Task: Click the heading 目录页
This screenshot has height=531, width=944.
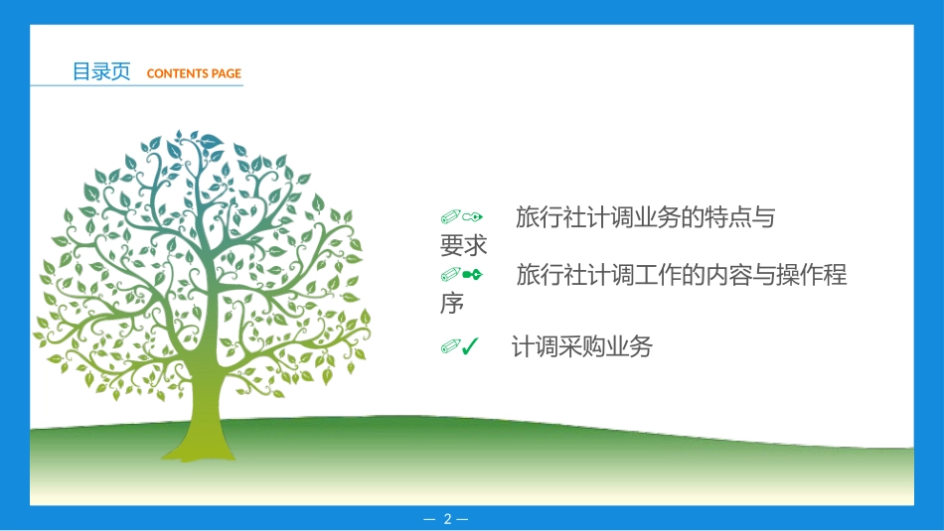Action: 101,71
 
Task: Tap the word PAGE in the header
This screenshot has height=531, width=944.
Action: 226,73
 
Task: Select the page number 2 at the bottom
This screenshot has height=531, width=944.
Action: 446,519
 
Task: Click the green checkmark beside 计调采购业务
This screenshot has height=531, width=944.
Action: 471,346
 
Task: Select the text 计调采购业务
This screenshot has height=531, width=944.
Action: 581,346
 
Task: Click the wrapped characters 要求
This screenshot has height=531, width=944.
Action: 464,245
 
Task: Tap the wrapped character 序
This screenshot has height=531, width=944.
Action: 452,303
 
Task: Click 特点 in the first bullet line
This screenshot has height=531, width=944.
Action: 727,217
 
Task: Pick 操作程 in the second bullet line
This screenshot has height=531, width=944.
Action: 812,275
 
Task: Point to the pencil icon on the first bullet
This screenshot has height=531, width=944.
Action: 451,216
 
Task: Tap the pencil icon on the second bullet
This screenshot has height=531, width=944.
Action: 451,274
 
